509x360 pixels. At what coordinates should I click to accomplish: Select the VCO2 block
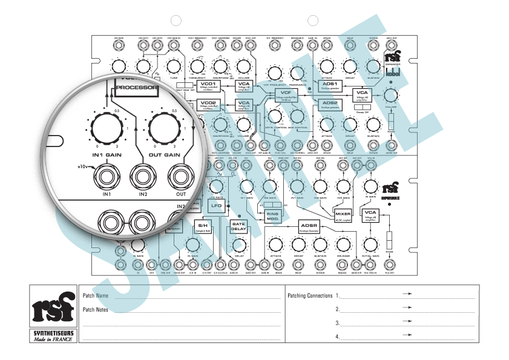point(208,105)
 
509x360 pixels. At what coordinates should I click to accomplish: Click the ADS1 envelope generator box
point(330,85)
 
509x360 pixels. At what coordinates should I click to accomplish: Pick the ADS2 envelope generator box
point(330,105)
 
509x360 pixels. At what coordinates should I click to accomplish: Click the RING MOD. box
point(273,215)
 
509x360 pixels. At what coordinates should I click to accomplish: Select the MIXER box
point(343,215)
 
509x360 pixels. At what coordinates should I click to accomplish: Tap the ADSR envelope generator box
point(309,226)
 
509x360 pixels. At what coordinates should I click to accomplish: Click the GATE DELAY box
point(238,226)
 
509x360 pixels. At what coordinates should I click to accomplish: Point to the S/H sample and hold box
point(202,226)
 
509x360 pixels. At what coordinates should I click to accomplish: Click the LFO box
point(215,206)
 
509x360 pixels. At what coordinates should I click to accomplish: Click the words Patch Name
point(95,296)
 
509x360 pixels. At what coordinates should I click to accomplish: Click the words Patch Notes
point(95,309)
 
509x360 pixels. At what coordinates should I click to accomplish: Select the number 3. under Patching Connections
point(338,323)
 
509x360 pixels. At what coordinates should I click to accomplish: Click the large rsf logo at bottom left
point(52,307)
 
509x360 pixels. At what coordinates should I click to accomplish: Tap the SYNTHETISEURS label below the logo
point(52,333)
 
